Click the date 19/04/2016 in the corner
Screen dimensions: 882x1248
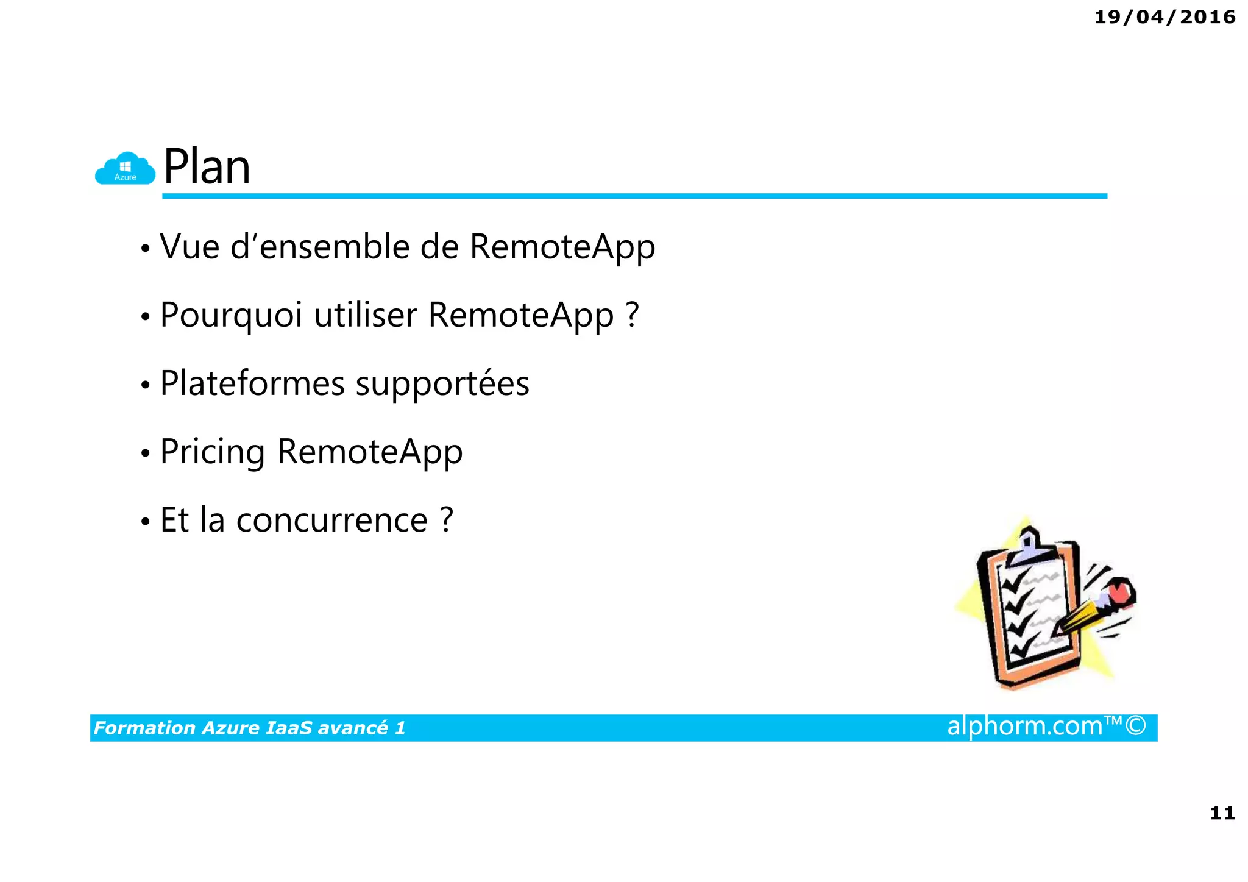(1165, 17)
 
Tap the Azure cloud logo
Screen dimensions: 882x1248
(126, 169)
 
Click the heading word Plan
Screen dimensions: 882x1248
(207, 167)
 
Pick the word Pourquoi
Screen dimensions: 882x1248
(231, 316)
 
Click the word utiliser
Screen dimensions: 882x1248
(365, 315)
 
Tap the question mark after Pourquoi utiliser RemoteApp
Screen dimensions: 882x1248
(632, 315)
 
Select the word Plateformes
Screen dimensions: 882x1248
(252, 384)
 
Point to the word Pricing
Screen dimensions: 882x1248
(212, 453)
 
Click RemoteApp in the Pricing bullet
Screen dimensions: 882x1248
(370, 453)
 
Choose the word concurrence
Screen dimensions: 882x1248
(332, 521)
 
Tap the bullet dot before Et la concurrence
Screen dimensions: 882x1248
(145, 522)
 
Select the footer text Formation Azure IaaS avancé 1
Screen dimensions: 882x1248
(249, 728)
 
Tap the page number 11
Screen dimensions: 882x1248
(1221, 813)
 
